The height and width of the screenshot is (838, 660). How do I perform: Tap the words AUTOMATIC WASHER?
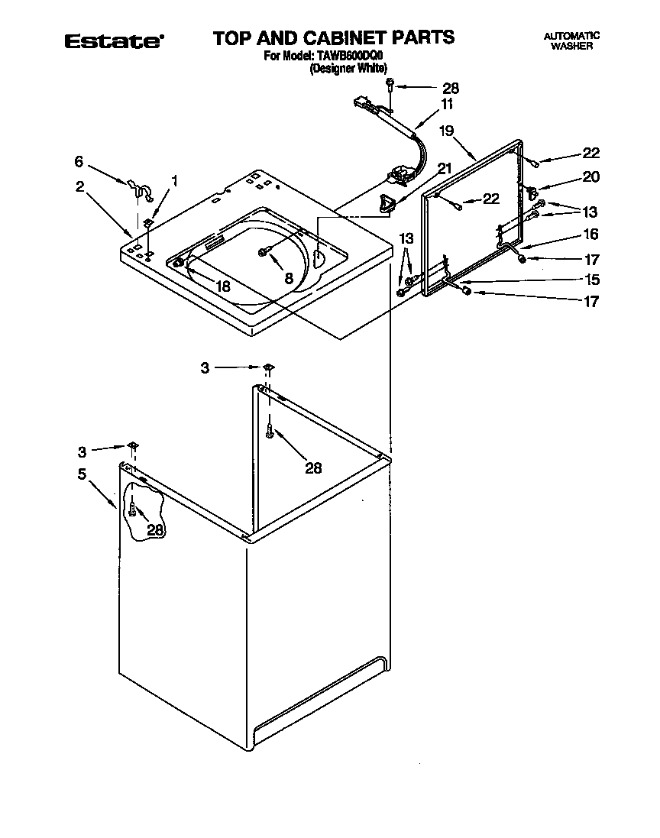pyautogui.click(x=571, y=40)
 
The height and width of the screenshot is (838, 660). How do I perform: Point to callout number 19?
pyautogui.click(x=447, y=131)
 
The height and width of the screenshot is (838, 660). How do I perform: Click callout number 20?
pyautogui.click(x=590, y=177)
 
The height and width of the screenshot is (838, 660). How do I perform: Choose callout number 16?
pyautogui.click(x=590, y=235)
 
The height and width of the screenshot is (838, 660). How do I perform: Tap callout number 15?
pyautogui.click(x=590, y=280)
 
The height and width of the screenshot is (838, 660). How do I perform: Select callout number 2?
pyautogui.click(x=80, y=185)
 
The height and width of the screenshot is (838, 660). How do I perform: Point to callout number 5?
pyautogui.click(x=82, y=474)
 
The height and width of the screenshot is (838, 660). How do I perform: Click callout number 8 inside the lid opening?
pyautogui.click(x=289, y=279)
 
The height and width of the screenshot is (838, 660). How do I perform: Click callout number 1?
pyautogui.click(x=175, y=181)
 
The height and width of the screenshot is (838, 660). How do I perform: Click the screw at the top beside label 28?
pyautogui.click(x=390, y=85)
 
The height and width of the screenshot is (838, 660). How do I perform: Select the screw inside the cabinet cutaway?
pyautogui.click(x=133, y=506)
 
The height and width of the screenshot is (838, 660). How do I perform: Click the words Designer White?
pyautogui.click(x=344, y=68)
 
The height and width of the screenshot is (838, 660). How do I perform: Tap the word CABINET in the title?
pyautogui.click(x=353, y=37)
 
